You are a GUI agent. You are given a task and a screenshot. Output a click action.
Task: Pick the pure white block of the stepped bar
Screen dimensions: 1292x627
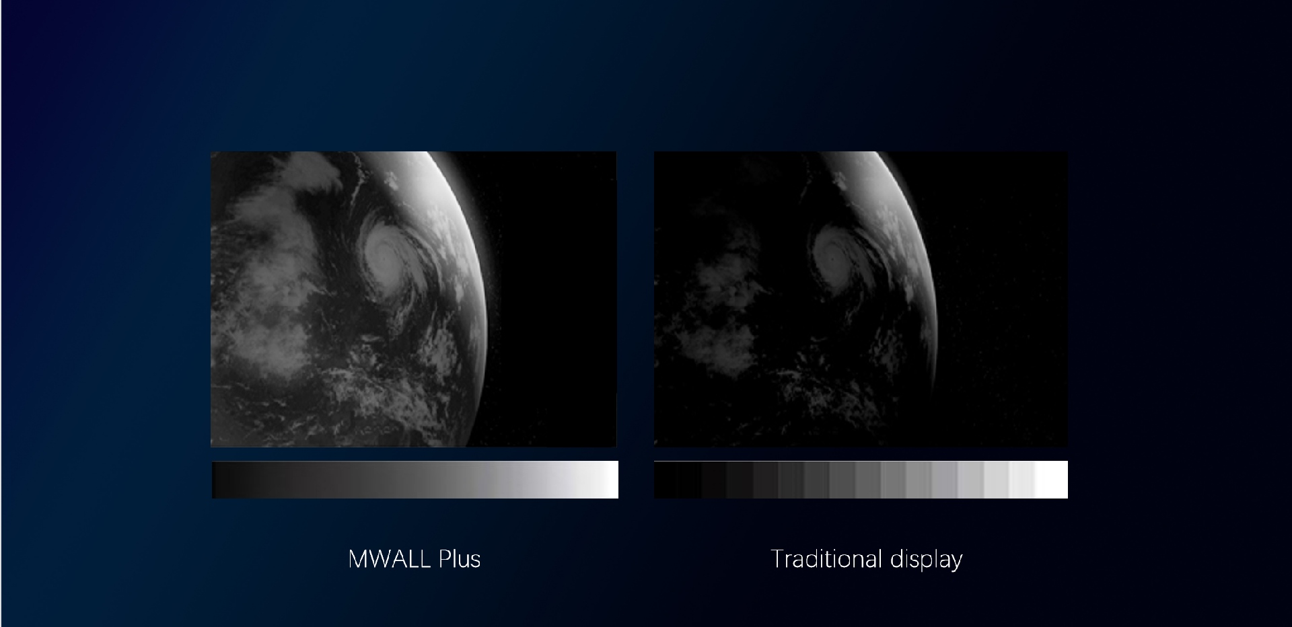(x=1051, y=480)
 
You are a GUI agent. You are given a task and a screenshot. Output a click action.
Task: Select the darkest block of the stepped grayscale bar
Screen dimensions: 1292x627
(x=666, y=480)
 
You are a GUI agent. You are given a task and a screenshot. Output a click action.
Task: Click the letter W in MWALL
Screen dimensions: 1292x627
(x=373, y=559)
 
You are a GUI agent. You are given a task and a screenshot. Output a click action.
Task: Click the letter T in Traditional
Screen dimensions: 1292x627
(x=777, y=559)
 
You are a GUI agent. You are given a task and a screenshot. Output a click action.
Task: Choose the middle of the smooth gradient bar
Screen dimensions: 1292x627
(x=415, y=480)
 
